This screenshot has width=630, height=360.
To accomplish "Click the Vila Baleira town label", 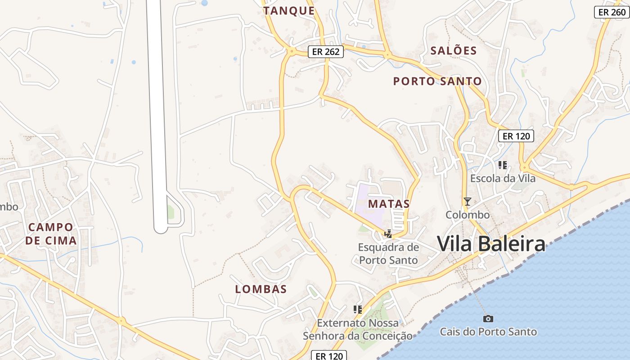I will [491, 244].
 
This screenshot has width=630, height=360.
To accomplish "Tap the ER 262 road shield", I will [326, 52].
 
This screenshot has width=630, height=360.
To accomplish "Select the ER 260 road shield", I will [612, 12].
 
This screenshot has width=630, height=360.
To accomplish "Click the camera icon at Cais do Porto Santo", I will [488, 319].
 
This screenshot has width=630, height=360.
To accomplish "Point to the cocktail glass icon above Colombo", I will [468, 201].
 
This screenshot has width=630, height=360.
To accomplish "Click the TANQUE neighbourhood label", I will [289, 11].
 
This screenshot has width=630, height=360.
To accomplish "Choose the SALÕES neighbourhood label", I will [454, 50].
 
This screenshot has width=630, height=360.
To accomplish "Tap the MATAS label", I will [389, 203].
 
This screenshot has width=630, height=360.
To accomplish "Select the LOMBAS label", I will [261, 289].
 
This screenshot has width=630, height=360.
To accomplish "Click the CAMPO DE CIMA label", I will [51, 234].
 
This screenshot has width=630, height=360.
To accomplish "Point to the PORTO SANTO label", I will [437, 81].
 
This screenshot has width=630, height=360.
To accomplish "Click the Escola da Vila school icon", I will [503, 165].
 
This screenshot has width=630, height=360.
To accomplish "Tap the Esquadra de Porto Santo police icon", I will [388, 234].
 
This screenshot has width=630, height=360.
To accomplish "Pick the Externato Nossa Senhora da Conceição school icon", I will [358, 309].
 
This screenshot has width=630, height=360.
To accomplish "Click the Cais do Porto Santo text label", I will [488, 332].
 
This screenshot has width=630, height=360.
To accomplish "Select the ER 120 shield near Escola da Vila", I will [516, 136].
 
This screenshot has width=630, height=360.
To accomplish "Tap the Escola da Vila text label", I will [503, 178].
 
